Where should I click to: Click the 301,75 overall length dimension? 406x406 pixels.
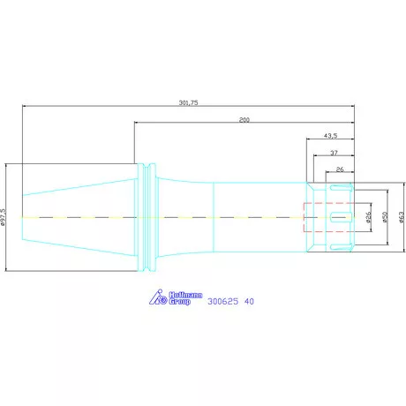pyautogui.click(x=188, y=102)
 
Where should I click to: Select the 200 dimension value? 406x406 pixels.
pyautogui.click(x=244, y=120)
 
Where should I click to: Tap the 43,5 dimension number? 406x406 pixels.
pyautogui.click(x=330, y=136)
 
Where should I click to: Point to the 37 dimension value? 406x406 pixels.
pyautogui.click(x=334, y=153)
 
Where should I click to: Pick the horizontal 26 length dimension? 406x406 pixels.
pyautogui.click(x=340, y=169)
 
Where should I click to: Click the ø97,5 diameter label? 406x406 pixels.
pyautogui.click(x=3, y=217)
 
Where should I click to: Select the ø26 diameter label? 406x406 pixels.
pyautogui.click(x=368, y=217)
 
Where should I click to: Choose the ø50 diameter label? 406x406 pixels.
pyautogui.click(x=385, y=217)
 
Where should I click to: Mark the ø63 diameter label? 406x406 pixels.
pyautogui.click(x=402, y=217)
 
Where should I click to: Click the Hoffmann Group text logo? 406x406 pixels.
pyautogui.click(x=185, y=298)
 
